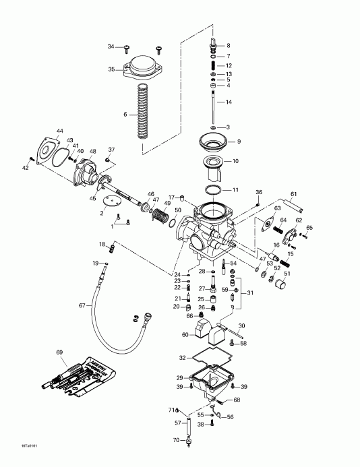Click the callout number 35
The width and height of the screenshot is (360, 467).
[x=112, y=69]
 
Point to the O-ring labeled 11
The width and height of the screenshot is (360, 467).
[x=214, y=190]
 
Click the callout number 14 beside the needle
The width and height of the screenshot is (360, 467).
[x=229, y=102]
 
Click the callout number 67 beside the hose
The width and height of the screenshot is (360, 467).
[x=82, y=305]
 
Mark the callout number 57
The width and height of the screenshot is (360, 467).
[x=179, y=423]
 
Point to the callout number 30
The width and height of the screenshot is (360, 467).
[x=241, y=325]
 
